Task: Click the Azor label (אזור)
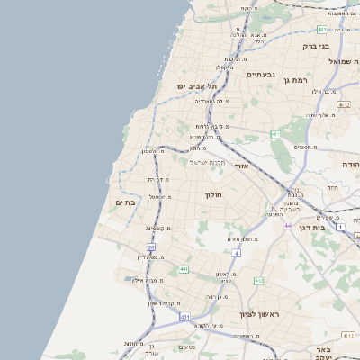tap(240, 166)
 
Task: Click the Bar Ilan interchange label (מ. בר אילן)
tap(327, 91)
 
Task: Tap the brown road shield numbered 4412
tap(343, 104)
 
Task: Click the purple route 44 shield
tap(287, 225)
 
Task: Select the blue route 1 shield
tap(340, 227)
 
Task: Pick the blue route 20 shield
tap(151, 247)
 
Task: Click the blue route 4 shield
tap(236, 254)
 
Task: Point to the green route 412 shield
tap(259, 282)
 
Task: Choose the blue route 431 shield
tap(185, 317)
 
